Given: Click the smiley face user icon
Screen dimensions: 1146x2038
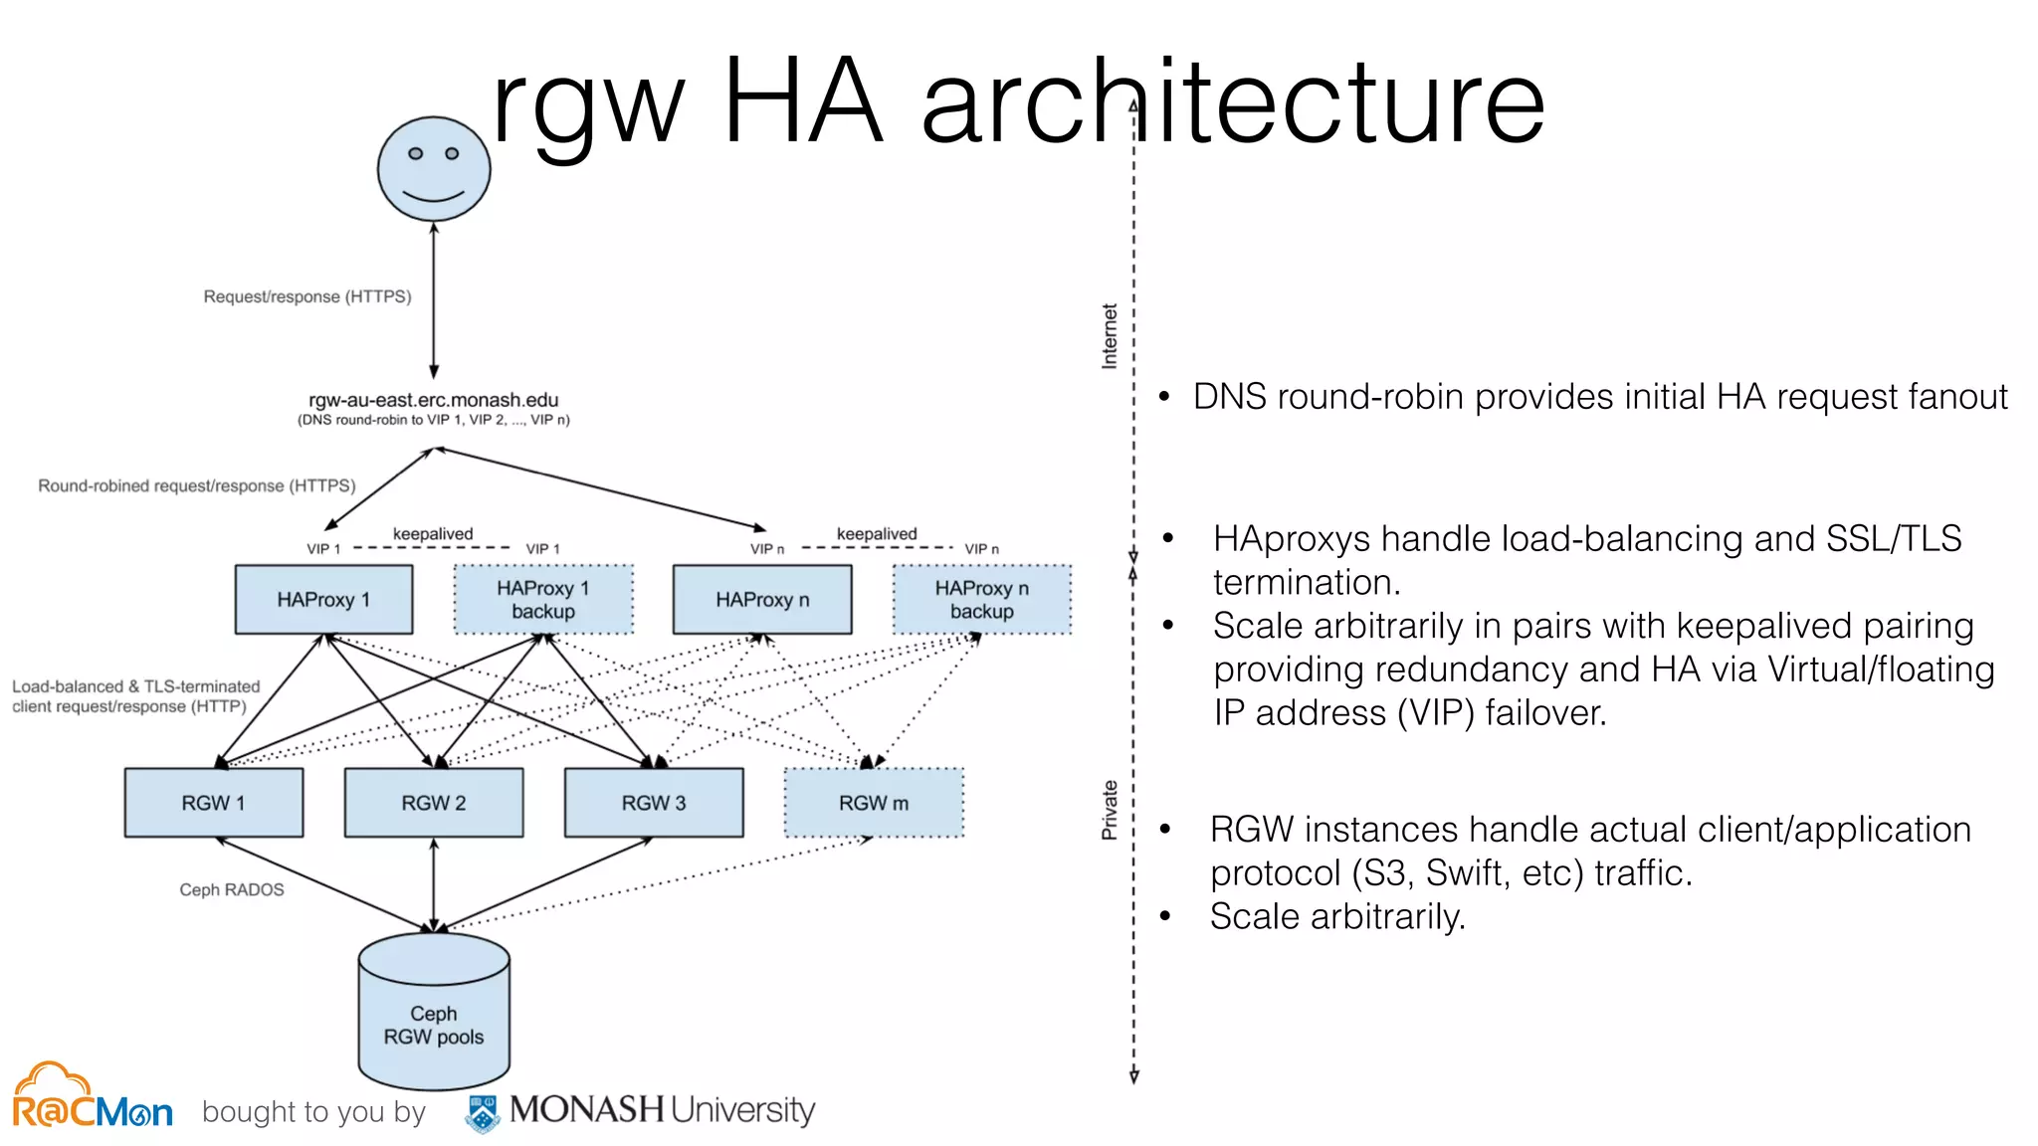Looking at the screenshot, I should [x=434, y=169].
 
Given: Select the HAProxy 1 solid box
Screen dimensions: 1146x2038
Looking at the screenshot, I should [x=323, y=600].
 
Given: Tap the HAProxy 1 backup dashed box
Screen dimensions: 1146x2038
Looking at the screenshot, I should [x=543, y=600].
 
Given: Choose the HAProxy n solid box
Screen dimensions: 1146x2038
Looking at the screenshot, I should [x=762, y=600].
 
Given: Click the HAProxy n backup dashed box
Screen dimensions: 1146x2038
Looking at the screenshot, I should [x=982, y=600].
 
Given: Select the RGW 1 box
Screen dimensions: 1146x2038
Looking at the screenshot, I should [x=214, y=803].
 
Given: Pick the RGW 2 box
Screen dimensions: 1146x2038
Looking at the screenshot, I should [x=434, y=803].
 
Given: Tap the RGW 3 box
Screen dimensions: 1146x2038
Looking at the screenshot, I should [x=654, y=803].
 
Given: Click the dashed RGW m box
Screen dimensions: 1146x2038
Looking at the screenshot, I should [x=874, y=803].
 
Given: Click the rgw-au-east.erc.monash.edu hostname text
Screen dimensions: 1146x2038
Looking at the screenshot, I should [x=434, y=400].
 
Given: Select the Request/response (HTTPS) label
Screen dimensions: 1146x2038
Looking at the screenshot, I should [x=306, y=296].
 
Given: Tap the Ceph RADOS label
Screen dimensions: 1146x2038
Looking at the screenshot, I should [x=231, y=889].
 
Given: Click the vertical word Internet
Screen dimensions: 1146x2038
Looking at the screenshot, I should [x=1110, y=336].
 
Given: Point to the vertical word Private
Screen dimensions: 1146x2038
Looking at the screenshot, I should [x=1110, y=810].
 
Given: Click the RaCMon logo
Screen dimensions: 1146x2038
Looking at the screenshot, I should [x=92, y=1098].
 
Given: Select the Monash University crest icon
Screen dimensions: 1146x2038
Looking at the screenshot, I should [x=484, y=1113].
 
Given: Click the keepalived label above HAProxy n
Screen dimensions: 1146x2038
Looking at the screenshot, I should [x=877, y=534].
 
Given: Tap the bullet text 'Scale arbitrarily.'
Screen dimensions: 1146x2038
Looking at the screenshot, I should [x=1337, y=916].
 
